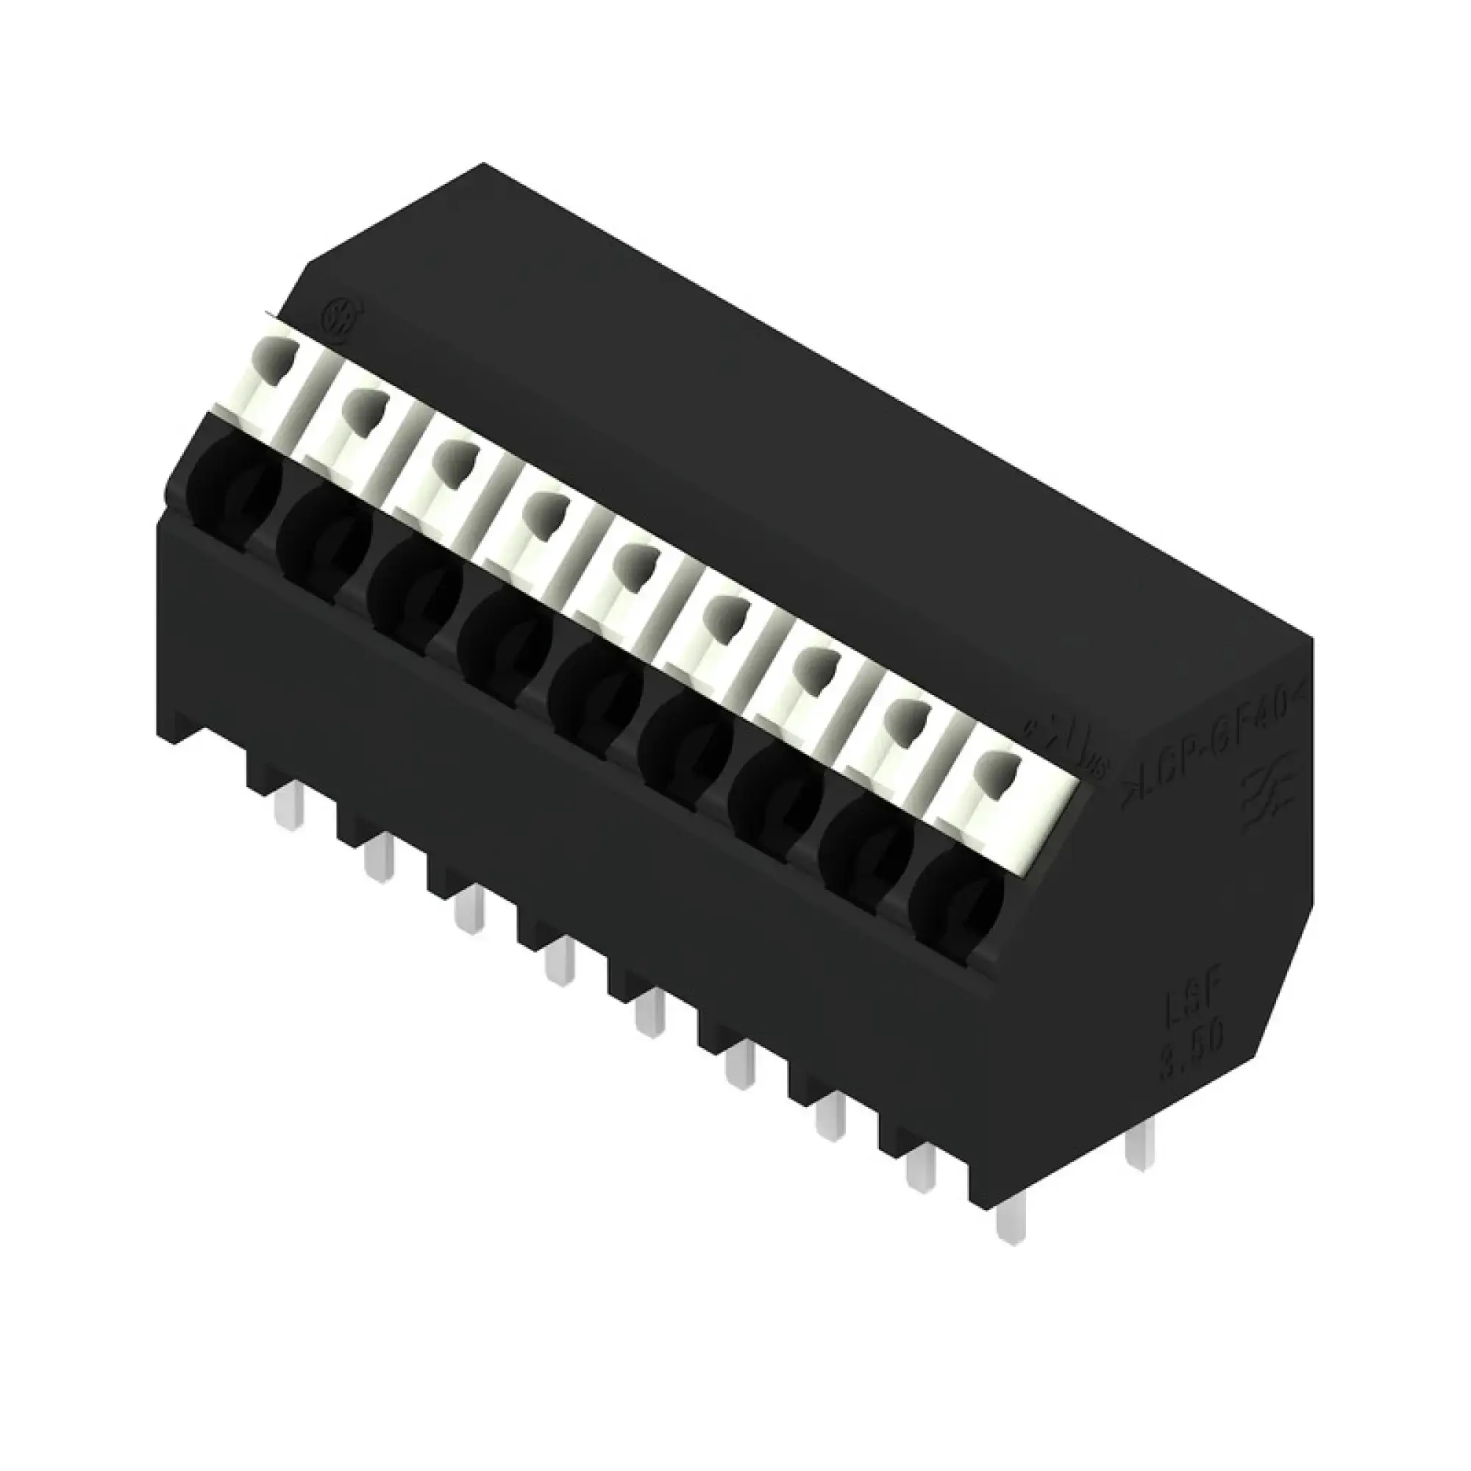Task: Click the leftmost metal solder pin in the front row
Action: (x=288, y=805)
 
